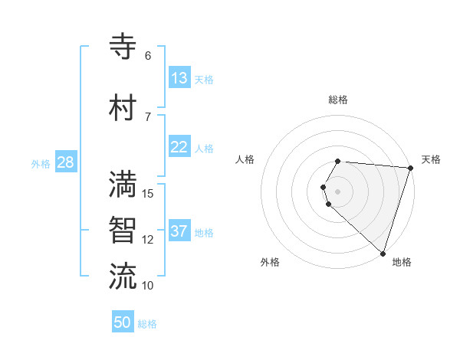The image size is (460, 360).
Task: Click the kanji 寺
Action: point(123,47)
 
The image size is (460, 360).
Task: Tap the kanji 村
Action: point(123,108)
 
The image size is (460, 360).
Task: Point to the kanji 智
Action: point(123,231)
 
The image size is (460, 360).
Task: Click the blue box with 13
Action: point(179,78)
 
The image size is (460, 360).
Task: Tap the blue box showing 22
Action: point(179,147)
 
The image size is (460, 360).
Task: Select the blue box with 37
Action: point(179,231)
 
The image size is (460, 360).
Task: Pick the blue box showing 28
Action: point(65,162)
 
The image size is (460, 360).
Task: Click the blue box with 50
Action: point(123,322)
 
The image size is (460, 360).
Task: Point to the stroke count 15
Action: point(148,194)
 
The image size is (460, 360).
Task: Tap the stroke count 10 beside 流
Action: point(148,286)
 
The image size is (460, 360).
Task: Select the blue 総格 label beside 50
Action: point(147,324)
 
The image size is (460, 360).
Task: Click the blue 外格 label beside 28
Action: point(41,163)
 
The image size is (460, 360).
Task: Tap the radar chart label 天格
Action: point(431,159)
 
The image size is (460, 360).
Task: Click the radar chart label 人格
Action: point(245,159)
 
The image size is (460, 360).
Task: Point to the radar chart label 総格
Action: point(338,100)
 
